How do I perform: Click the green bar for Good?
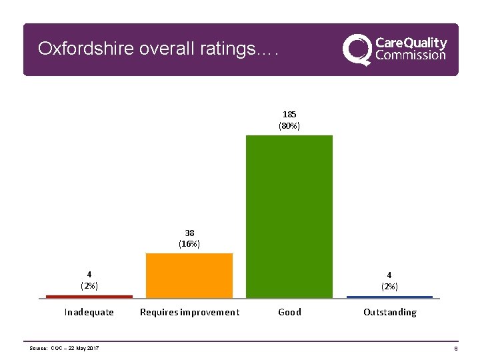point(289,216)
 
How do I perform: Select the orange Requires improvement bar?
point(189,275)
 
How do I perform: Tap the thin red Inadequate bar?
point(89,296)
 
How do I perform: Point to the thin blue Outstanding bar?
point(389,297)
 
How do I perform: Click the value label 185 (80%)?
point(289,120)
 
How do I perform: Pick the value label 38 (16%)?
point(189,239)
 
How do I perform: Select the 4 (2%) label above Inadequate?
point(89,280)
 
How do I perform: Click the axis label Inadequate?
point(89,312)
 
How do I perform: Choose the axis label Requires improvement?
point(189,312)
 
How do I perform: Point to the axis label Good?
point(289,312)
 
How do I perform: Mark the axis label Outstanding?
point(389,312)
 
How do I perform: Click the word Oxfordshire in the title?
point(79,49)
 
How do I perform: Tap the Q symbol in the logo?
point(357,50)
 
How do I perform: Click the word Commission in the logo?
point(411,56)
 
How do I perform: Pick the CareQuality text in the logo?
point(411,42)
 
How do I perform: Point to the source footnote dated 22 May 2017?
point(65,349)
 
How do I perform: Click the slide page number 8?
point(455,349)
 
